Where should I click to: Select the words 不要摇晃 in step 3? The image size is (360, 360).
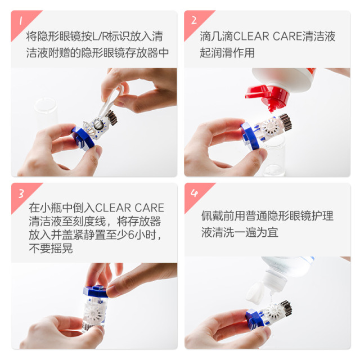[50, 249]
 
